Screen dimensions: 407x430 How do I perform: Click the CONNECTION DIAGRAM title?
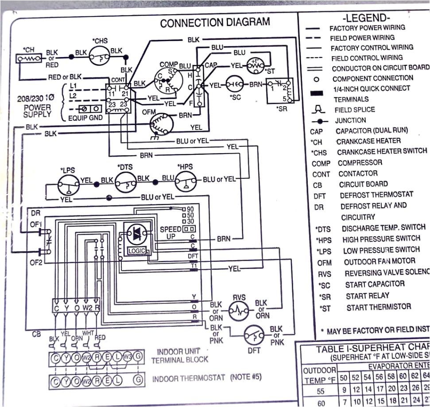215,23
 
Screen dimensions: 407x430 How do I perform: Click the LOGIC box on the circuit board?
136,251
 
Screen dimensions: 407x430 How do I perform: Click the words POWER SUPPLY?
37,111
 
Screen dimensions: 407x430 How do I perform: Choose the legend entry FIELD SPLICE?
355,110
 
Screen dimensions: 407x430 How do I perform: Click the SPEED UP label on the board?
170,233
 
